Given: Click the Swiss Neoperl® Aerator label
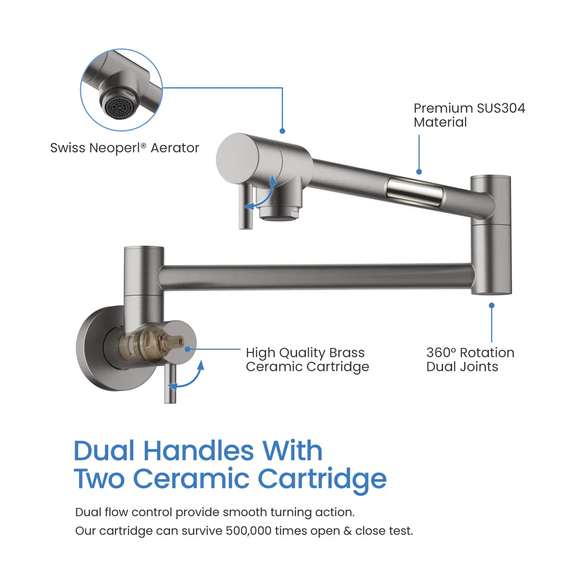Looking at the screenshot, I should tap(124, 148).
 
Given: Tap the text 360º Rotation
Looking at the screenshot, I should tap(470, 353).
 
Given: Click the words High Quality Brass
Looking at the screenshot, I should tap(305, 353).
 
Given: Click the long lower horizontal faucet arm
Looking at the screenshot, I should tap(314, 274).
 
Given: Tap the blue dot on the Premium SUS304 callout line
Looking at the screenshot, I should tap(418, 171).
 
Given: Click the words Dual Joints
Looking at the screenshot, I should tap(462, 367).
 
